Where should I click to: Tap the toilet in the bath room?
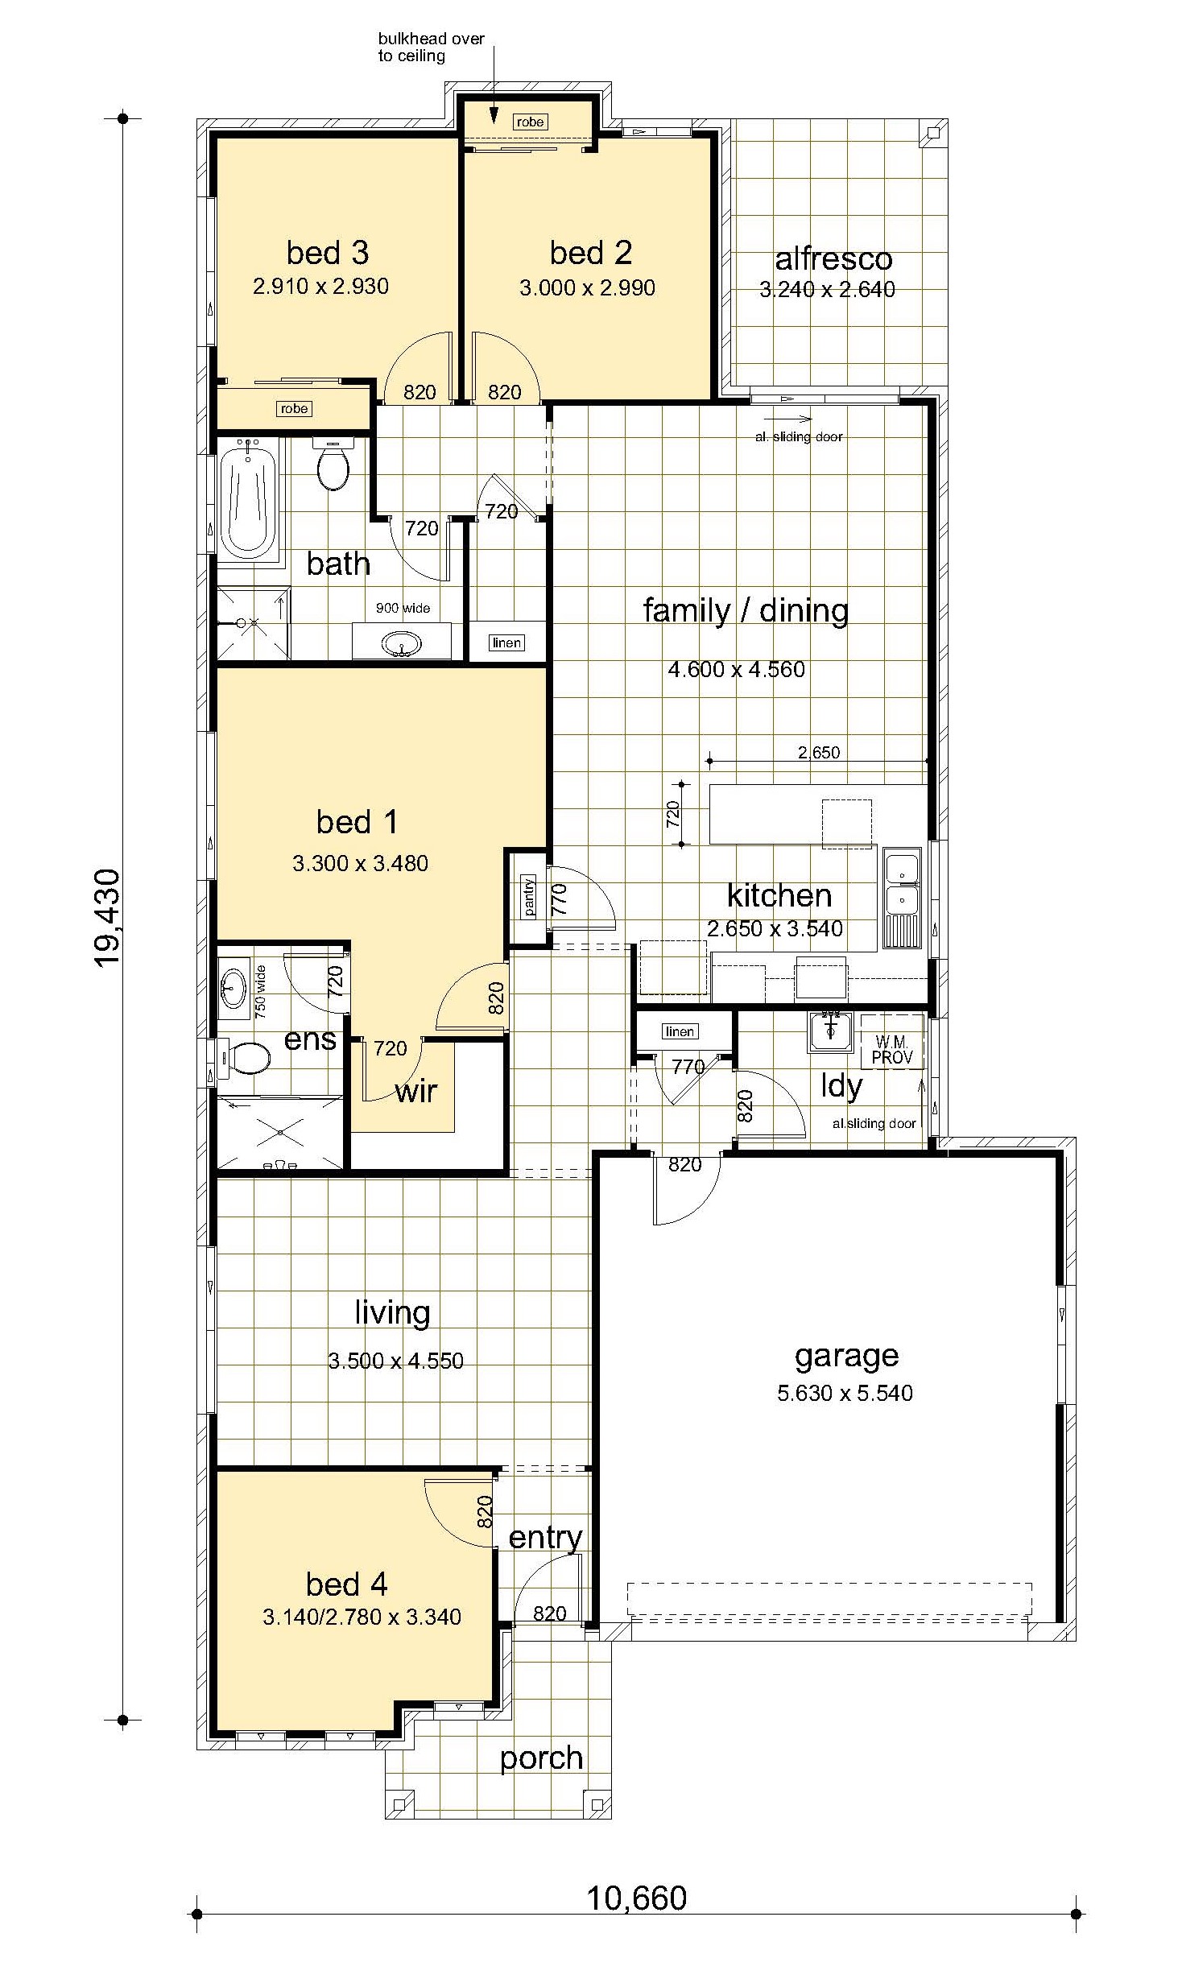tap(334, 464)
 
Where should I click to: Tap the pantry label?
tap(529, 894)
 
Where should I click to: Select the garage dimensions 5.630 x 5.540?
tap(845, 1392)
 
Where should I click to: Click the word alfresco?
tap(833, 258)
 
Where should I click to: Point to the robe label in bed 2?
tap(530, 122)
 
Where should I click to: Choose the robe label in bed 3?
tap(294, 408)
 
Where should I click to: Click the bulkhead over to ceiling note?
tap(432, 48)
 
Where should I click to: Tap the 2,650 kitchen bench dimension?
tap(819, 752)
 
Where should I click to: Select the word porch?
tap(541, 1758)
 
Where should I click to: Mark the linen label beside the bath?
tap(506, 642)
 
